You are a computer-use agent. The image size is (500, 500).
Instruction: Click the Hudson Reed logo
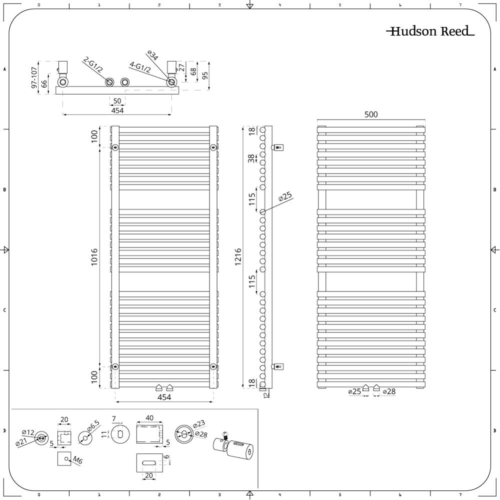coord(430,31)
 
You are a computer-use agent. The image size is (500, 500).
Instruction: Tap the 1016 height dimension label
coord(94,257)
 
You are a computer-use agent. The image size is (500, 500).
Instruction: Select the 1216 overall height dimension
coord(238,257)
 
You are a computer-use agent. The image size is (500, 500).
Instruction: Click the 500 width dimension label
coord(371,114)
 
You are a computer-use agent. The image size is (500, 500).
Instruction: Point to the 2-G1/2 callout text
coord(93,64)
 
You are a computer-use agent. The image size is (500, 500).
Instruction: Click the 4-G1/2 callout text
coord(140,67)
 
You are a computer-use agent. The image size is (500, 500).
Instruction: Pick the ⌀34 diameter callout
coord(152,55)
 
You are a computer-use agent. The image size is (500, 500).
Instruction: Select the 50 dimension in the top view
coord(117,101)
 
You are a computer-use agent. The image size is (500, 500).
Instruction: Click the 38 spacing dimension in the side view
coord(251,158)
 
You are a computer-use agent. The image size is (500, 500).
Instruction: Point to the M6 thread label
coord(77,459)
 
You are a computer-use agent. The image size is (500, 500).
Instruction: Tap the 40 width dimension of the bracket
coord(149,417)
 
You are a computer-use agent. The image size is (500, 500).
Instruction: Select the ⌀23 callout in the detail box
coord(199,424)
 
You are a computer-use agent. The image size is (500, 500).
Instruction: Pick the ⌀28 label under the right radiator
coord(389,391)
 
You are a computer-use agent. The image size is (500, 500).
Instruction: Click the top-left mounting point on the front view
coord(115,147)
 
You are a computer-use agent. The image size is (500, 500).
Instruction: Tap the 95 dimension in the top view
coord(205,75)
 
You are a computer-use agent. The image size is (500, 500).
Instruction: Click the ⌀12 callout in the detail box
coord(28,432)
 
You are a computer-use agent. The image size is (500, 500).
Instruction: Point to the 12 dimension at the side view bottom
coord(267,394)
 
